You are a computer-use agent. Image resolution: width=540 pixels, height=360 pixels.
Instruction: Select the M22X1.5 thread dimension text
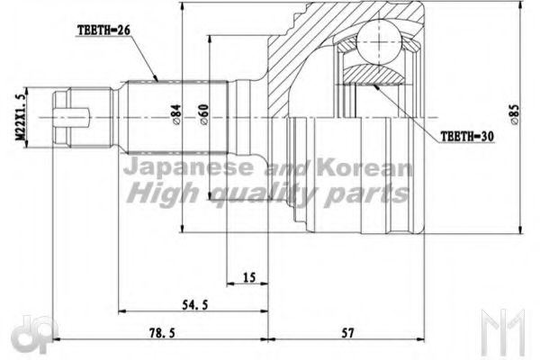pos(15,116)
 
